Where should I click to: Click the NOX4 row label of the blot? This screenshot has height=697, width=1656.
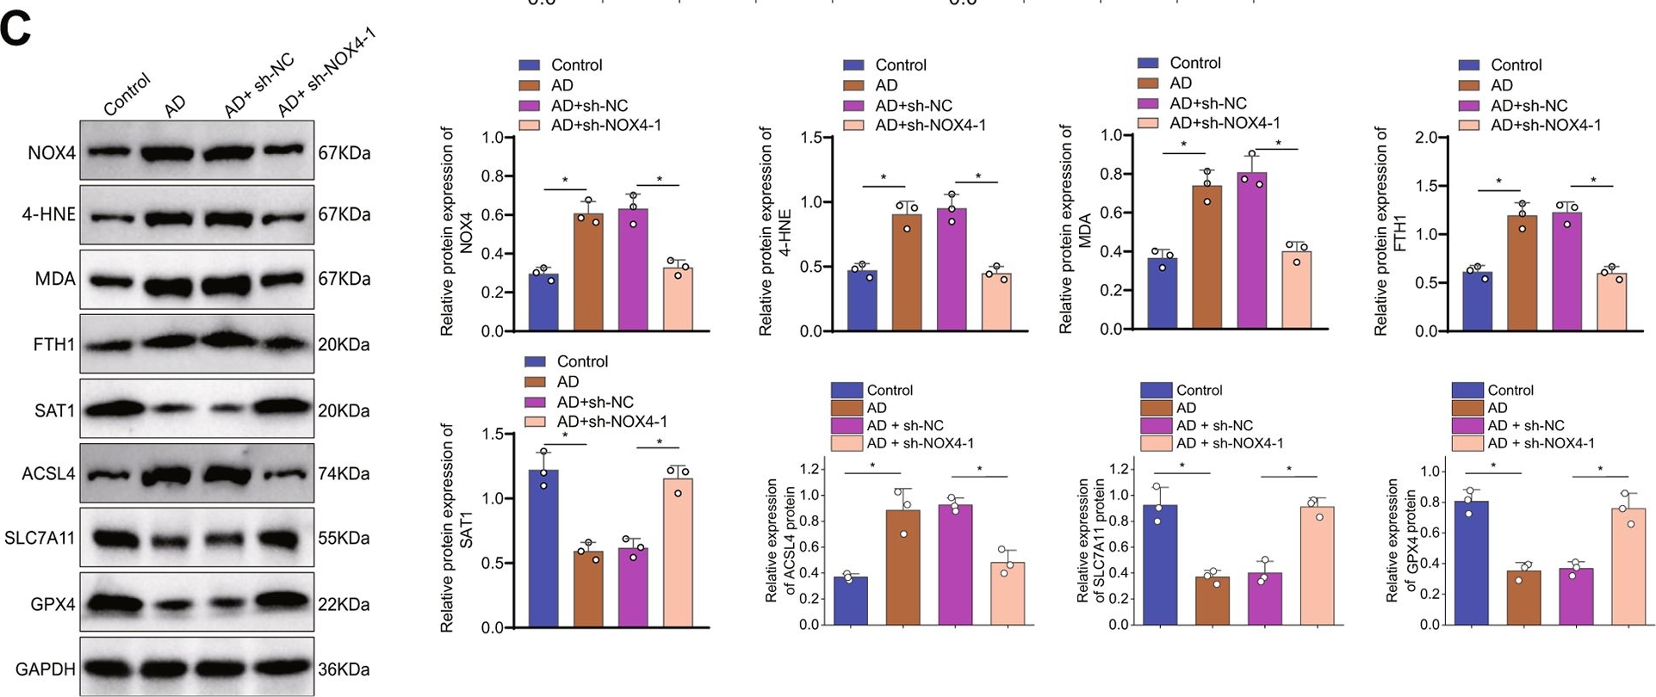51,153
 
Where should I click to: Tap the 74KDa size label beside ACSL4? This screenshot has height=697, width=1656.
344,474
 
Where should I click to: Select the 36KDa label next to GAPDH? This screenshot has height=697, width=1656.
344,669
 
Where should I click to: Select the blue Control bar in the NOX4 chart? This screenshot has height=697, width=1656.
543,303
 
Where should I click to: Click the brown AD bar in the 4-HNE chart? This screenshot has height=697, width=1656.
907,273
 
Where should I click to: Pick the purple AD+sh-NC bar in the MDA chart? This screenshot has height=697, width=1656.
1251,250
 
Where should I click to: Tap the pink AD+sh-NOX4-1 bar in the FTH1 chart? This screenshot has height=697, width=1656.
1611,303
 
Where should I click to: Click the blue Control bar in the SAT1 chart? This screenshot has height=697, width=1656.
543,549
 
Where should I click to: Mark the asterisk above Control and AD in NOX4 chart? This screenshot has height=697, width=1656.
565,181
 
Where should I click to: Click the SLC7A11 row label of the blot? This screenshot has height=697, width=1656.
40,539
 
